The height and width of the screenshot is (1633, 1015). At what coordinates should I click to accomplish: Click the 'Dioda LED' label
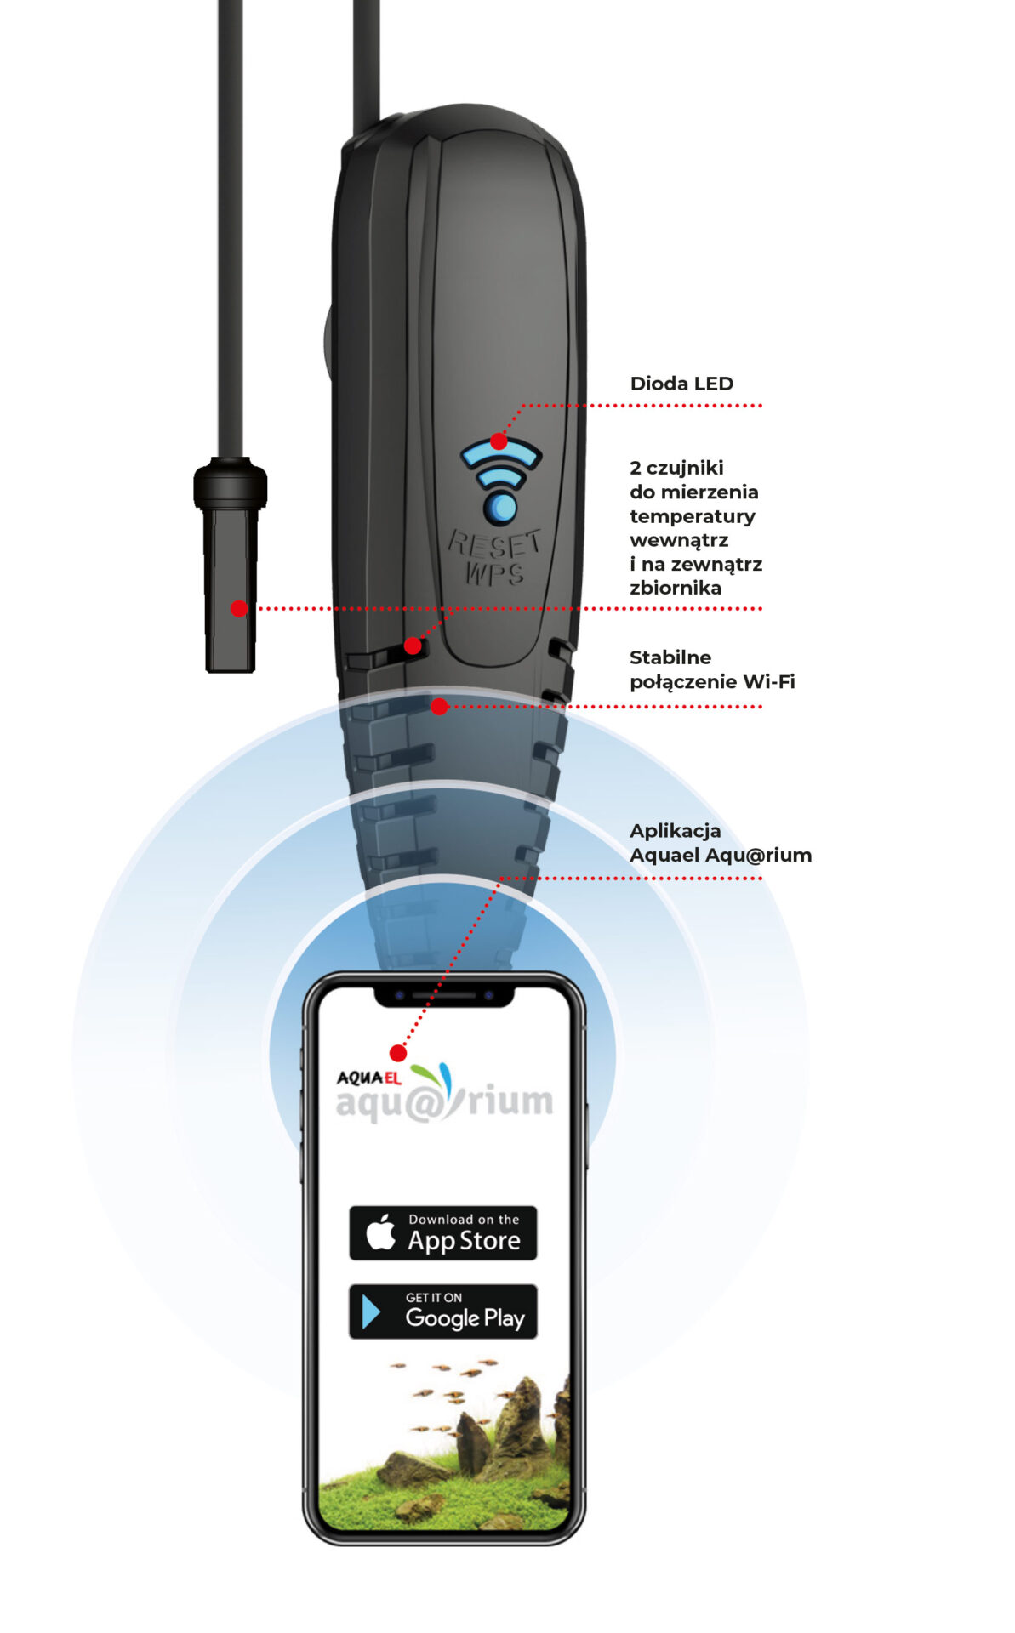point(681,384)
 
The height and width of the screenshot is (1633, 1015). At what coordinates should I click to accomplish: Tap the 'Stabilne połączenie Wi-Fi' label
point(712,669)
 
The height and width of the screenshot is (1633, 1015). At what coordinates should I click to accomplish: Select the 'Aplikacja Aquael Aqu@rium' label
point(721,843)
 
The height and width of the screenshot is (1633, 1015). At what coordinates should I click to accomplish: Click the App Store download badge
point(442,1232)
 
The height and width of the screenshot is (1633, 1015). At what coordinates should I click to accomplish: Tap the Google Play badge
point(442,1312)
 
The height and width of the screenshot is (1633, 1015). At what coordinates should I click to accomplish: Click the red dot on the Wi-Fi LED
point(499,441)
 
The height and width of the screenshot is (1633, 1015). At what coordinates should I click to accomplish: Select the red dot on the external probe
point(239,608)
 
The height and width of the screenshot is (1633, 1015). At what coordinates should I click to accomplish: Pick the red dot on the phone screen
point(397,1053)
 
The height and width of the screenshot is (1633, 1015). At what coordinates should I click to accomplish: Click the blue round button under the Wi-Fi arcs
point(500,507)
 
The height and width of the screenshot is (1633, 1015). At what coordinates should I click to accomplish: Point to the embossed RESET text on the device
point(494,543)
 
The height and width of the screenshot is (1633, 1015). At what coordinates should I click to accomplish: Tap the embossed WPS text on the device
point(494,573)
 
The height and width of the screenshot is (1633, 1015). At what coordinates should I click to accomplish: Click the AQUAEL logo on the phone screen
point(368,1078)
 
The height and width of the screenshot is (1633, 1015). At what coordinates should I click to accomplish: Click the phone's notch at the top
point(444,996)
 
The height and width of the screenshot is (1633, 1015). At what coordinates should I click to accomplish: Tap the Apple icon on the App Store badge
point(380,1232)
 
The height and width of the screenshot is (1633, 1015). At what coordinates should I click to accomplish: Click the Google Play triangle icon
point(371,1312)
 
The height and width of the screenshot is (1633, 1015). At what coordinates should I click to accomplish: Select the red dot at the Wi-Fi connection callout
point(439,706)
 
